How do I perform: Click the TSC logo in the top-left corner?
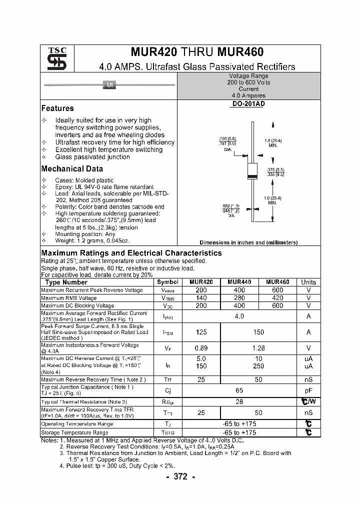tap(53, 58)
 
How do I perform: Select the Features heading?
tap(57, 108)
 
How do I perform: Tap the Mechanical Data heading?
tap(72, 169)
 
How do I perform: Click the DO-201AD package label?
tap(248, 104)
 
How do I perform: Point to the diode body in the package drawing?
tap(252, 171)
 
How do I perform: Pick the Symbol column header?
tap(167, 282)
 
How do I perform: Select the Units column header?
tap(308, 282)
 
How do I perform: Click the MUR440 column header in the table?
tap(239, 282)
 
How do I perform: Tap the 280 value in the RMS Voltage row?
tap(239, 298)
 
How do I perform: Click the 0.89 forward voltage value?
tap(201, 348)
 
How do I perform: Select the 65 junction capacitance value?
tap(239, 390)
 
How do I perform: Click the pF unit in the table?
tap(308, 390)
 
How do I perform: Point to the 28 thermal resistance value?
tap(239, 402)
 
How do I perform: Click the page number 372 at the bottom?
tap(180, 476)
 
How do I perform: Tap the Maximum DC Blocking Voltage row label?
tap(77, 305)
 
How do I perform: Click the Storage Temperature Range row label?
tap(74, 432)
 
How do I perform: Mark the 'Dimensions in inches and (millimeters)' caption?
tap(248, 242)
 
